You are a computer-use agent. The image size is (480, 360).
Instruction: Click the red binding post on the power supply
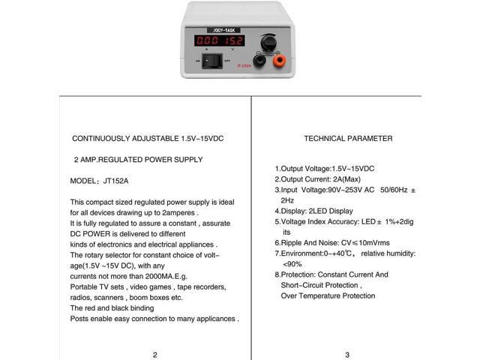point(280,60)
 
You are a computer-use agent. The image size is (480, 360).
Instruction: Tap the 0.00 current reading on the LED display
point(206,40)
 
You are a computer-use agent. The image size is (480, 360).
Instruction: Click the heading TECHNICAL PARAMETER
point(347,139)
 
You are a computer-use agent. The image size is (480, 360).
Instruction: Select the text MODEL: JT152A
point(100,181)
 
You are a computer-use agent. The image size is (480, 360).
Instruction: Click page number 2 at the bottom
point(154,355)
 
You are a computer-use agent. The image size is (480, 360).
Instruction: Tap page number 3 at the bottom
point(347,355)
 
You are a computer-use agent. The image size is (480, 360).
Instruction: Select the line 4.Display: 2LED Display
point(313,211)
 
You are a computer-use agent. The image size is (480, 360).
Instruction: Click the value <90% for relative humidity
point(292,264)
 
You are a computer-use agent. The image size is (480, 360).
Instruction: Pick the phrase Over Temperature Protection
point(328,295)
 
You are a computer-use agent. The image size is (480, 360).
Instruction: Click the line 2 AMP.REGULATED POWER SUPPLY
point(138,160)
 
